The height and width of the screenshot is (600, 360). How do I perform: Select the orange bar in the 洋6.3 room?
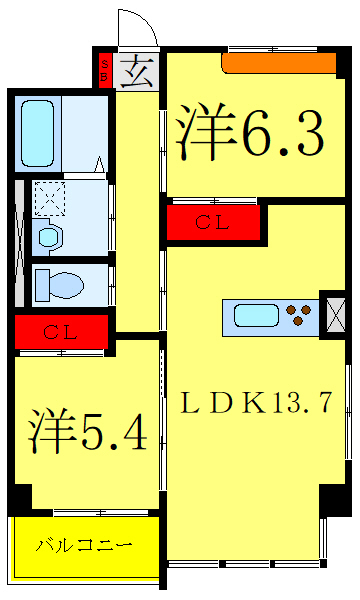278,63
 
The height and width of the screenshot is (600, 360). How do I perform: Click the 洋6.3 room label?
250,131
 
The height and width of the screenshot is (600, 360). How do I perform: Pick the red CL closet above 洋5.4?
61,331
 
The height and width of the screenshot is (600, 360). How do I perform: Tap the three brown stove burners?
299,317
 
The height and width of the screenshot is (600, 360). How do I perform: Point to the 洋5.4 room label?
87,431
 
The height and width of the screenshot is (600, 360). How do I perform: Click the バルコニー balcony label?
84,546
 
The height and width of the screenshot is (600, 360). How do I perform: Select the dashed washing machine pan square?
47,199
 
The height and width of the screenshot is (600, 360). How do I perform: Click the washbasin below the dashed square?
47,237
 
